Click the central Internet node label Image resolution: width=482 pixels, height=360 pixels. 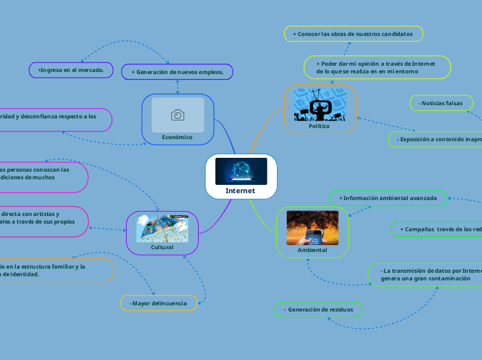(x=241, y=190)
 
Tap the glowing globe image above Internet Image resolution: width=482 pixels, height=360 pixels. (x=241, y=171)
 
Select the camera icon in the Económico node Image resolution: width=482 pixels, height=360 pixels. (x=178, y=115)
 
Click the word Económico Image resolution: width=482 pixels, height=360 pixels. (x=177, y=137)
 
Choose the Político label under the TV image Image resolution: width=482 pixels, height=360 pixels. (x=319, y=126)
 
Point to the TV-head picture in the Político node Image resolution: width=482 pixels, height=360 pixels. (x=320, y=105)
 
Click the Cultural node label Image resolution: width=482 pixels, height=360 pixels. (x=162, y=246)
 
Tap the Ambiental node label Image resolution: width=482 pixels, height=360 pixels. (x=312, y=249)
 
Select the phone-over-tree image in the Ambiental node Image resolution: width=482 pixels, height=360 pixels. (x=312, y=228)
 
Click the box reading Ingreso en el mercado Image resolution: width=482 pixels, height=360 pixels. (x=71, y=70)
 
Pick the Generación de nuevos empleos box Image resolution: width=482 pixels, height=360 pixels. (x=177, y=71)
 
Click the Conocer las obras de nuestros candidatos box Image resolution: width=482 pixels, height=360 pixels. (x=353, y=33)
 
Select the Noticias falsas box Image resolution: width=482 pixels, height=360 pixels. (x=441, y=103)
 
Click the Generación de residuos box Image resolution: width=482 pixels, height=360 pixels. (x=319, y=309)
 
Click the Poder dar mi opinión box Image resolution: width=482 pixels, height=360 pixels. (x=377, y=66)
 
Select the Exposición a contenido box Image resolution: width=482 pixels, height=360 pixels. (x=436, y=139)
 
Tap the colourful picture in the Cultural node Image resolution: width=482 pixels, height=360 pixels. (x=162, y=227)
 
